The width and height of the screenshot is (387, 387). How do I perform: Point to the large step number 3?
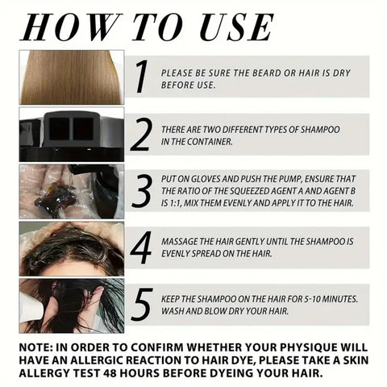click(x=141, y=191)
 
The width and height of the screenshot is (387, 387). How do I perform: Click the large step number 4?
click(x=141, y=248)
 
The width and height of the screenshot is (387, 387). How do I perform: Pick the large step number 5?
click(x=141, y=305)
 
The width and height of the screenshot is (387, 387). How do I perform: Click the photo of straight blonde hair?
click(x=71, y=77)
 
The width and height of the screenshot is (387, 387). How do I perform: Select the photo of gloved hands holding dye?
click(x=71, y=191)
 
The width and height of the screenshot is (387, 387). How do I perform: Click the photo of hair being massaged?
click(x=71, y=248)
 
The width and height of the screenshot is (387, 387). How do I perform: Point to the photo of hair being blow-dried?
click(x=71, y=306)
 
